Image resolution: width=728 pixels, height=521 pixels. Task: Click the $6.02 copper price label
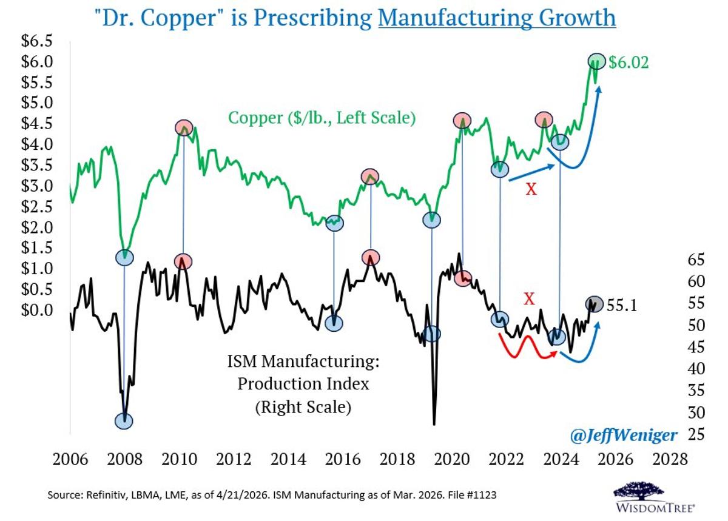629,62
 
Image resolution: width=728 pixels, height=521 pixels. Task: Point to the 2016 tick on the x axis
335,459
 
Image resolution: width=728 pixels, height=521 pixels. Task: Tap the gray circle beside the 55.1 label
595,303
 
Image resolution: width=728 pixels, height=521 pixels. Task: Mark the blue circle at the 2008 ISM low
124,421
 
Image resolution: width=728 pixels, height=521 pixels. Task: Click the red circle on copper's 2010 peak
184,127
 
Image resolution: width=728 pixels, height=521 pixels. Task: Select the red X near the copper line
531,190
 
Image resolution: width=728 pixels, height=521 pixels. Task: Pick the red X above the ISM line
529,298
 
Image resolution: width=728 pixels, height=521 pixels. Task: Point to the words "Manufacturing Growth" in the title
497,18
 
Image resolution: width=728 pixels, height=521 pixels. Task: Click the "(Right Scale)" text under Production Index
303,407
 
